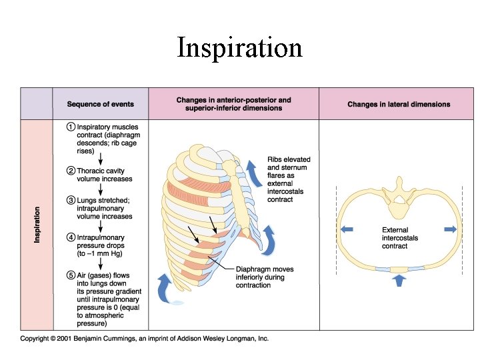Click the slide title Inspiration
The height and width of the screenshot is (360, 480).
(239, 48)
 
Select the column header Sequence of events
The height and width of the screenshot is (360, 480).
(100, 104)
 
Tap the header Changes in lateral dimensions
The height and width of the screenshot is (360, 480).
(399, 104)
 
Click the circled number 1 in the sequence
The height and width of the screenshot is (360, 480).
(70, 127)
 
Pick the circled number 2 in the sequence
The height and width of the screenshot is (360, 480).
(70, 171)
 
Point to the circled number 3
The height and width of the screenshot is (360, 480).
(70, 200)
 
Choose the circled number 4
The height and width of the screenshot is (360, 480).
(70, 237)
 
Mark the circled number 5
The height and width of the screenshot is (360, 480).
(70, 274)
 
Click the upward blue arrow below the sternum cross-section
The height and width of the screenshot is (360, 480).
(399, 281)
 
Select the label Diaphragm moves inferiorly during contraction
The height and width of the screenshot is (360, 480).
(264, 277)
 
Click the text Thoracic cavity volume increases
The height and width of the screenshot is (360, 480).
(105, 175)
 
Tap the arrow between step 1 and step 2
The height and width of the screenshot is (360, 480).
(100, 158)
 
